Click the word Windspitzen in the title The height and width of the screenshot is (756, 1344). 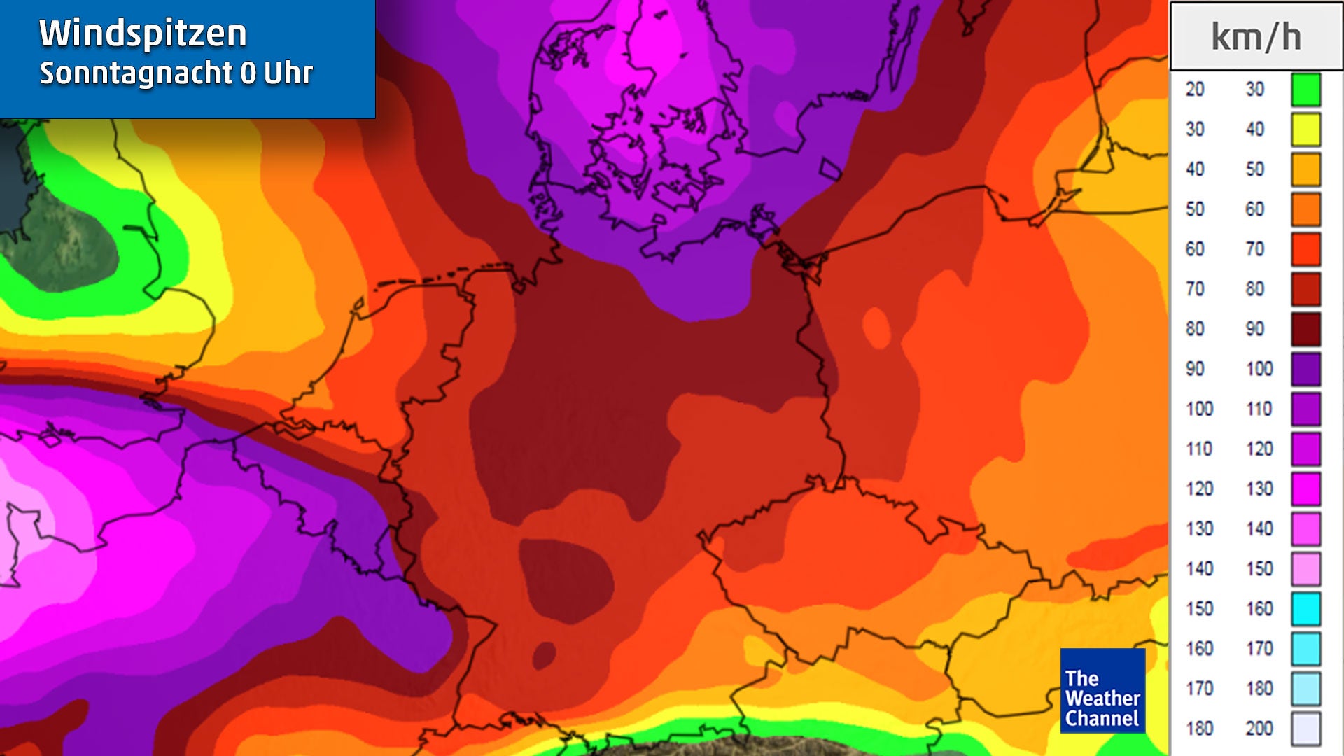coord(143,34)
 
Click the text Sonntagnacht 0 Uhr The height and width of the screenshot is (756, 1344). coord(176,73)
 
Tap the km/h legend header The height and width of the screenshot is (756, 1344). coord(1256,37)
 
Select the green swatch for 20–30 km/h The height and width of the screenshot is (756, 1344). coord(1305,90)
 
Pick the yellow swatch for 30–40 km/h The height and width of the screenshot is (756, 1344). coord(1305,129)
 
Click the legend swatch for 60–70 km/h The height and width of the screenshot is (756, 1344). coord(1305,249)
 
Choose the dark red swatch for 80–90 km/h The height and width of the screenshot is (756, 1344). coord(1305,329)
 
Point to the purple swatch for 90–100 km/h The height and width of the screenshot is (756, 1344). coord(1305,369)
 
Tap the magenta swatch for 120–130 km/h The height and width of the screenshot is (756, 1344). coord(1305,489)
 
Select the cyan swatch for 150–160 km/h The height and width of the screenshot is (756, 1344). coord(1305,608)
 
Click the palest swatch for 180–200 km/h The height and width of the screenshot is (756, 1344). coord(1305,729)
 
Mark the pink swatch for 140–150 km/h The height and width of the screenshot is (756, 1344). coord(1305,568)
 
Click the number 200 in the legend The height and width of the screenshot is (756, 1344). coord(1259,729)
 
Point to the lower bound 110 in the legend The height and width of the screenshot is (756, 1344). coord(1199,449)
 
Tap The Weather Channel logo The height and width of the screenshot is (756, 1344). coord(1102,691)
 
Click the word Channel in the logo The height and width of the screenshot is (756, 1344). coord(1102,719)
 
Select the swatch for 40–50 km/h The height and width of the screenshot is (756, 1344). coord(1305,169)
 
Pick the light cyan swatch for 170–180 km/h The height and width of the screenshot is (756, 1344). coord(1305,689)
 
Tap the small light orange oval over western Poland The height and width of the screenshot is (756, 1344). coord(876,327)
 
